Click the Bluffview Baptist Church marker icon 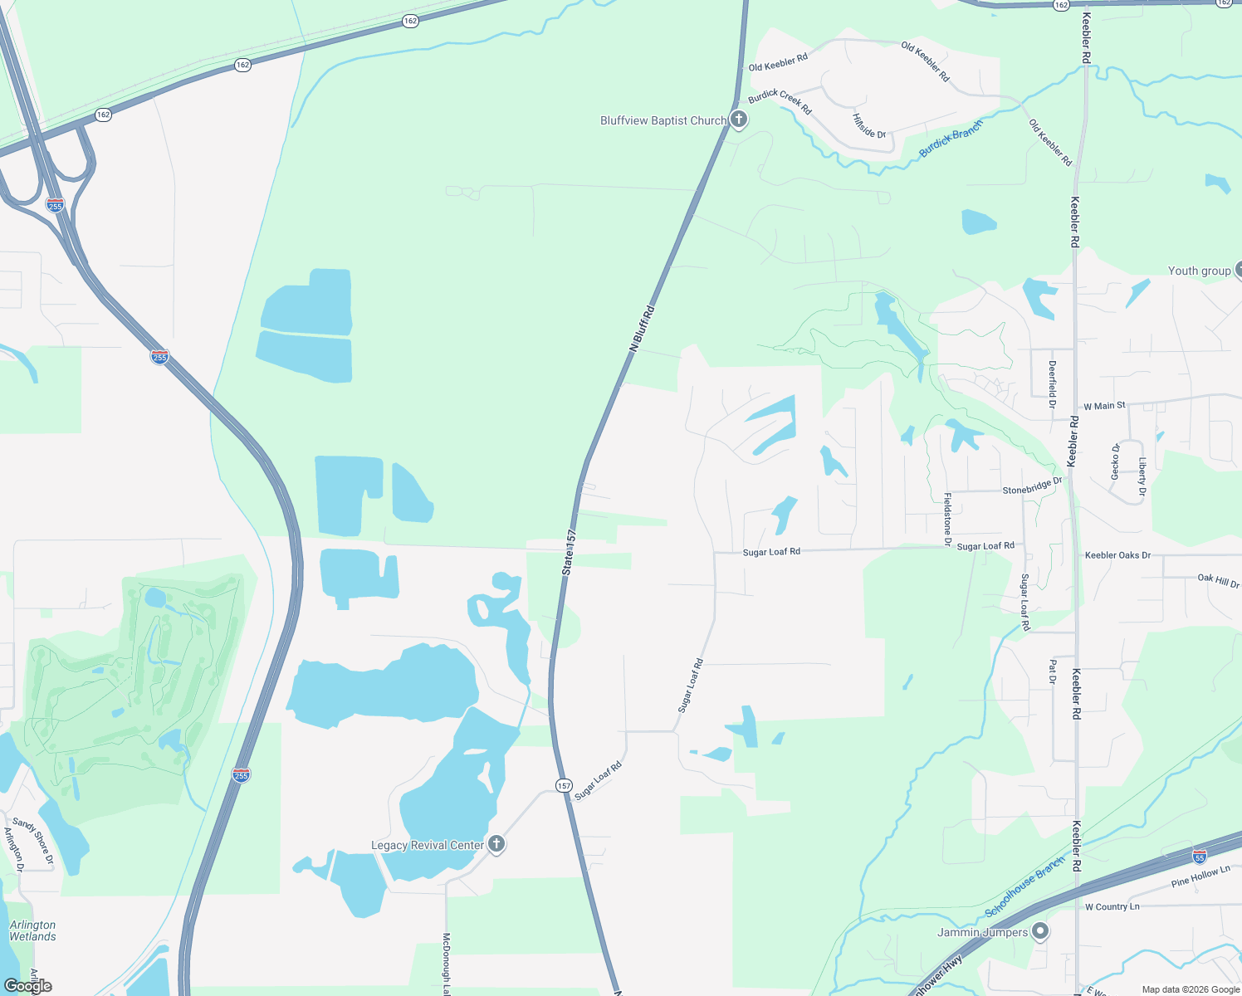738,120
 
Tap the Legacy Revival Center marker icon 496,845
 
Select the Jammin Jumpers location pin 1039,932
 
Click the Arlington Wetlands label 33,930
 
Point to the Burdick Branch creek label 951,139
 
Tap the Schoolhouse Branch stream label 1024,887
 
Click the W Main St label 1104,406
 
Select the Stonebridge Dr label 1032,486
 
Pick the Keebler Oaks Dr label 1117,555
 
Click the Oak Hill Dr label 1218,580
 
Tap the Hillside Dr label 869,125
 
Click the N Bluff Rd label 642,330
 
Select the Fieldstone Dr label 947,519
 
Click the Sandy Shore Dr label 33,840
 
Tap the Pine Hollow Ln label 1200,876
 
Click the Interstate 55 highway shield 1199,856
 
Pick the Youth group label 1199,271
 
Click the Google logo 28,985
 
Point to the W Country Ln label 1112,906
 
